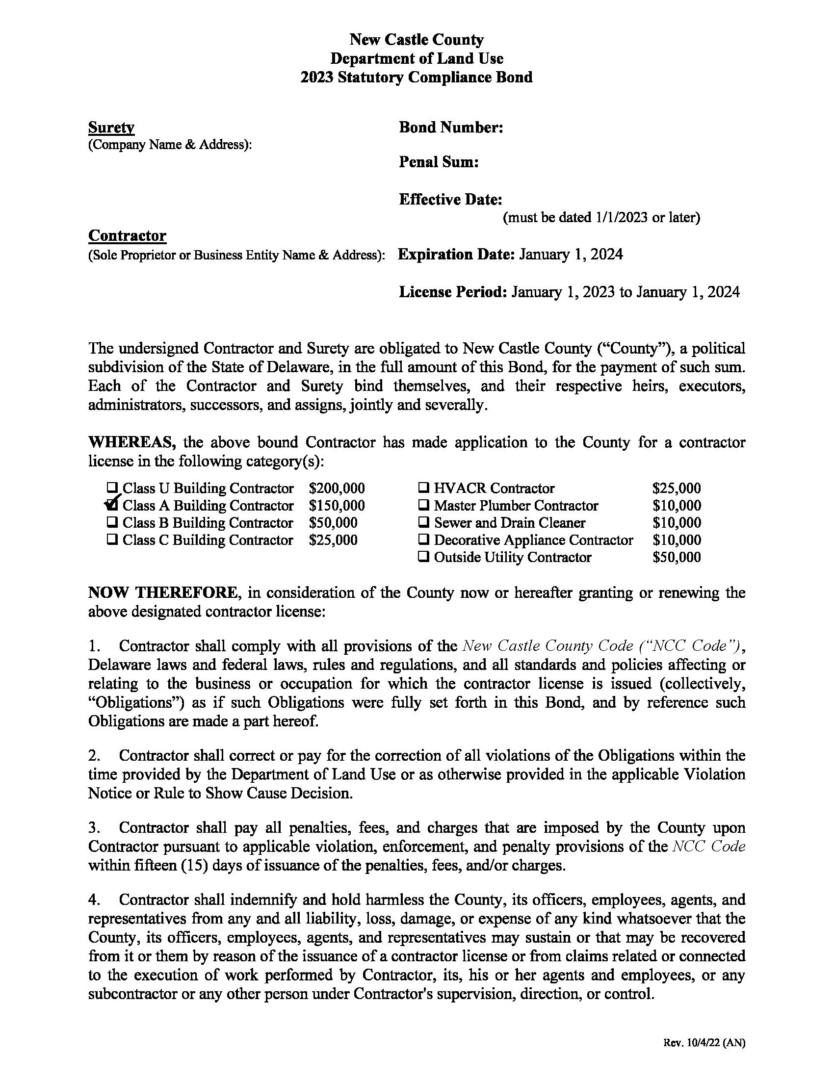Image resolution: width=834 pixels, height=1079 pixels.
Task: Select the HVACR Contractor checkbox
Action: pos(423,488)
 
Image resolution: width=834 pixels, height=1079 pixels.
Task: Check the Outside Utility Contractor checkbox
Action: pos(423,557)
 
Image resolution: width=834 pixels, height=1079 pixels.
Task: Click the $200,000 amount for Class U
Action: pos(337,488)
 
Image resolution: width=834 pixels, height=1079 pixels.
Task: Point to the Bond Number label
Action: pos(450,128)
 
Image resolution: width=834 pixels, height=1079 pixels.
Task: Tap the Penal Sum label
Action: pos(438,161)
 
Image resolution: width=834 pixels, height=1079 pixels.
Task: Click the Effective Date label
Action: pos(450,200)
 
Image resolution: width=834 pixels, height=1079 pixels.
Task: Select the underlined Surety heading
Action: pos(111,128)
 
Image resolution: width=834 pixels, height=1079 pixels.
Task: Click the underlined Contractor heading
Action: pos(127,235)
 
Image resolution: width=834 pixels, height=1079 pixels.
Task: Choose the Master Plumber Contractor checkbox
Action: pos(423,505)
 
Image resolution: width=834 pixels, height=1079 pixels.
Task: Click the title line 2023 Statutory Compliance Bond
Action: pos(417,77)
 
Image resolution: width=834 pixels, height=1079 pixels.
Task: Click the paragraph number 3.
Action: pos(94,827)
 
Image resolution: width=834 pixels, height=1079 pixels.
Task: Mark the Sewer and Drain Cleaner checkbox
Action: pos(423,523)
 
